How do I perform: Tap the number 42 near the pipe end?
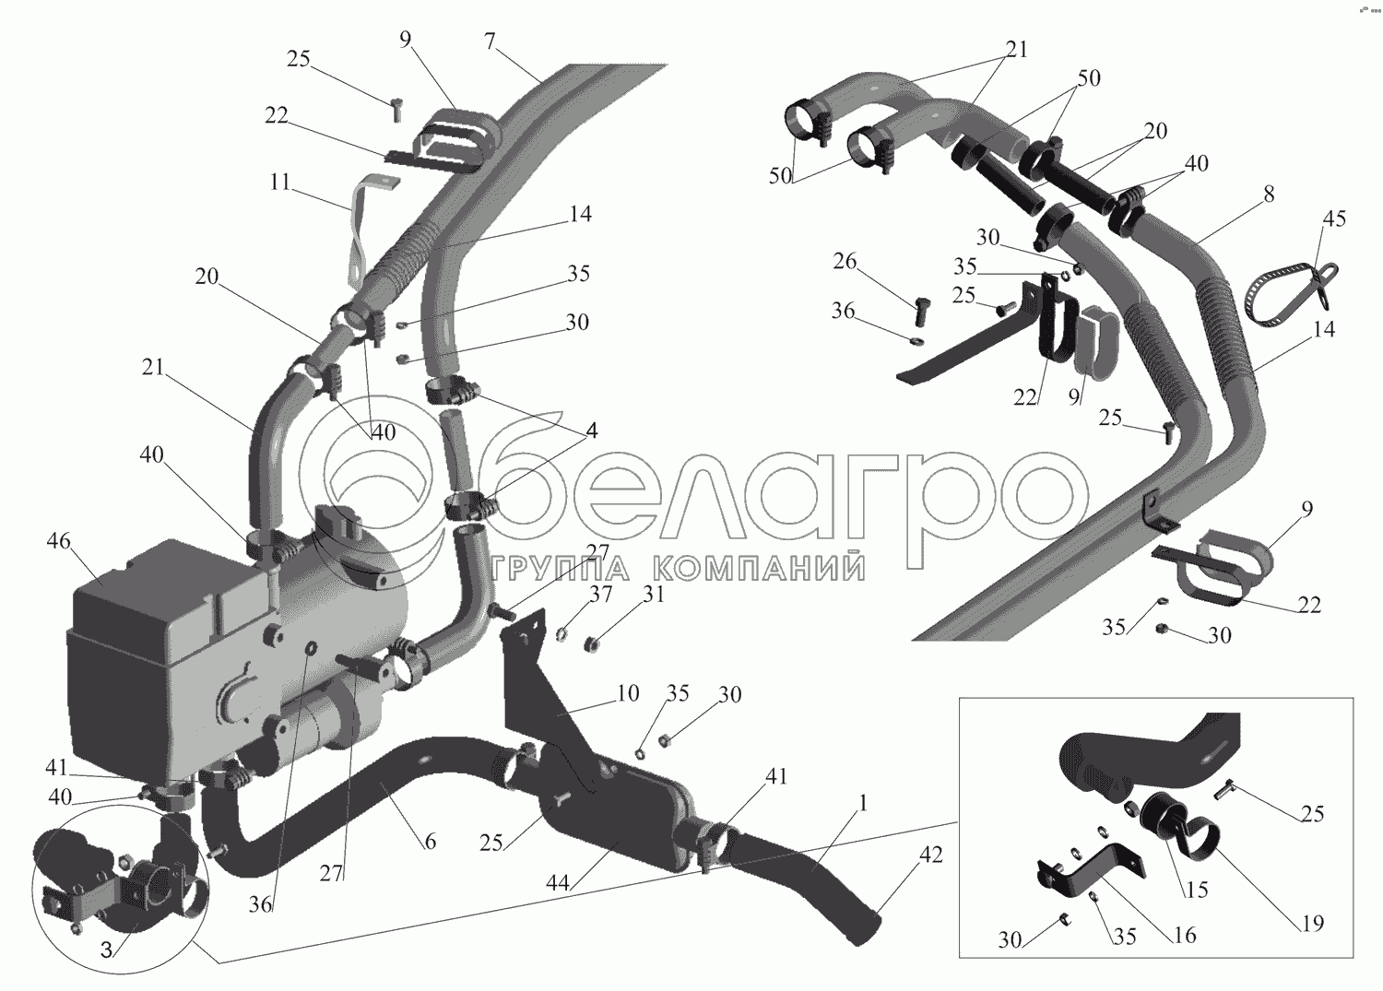click(x=930, y=855)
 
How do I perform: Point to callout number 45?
click(x=1333, y=219)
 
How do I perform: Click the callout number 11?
click(x=279, y=183)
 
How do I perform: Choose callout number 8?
click(x=1269, y=195)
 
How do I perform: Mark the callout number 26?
click(x=845, y=263)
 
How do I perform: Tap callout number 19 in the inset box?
click(x=1312, y=923)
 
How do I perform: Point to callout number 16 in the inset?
click(x=1184, y=936)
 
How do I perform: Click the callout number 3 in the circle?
click(x=107, y=949)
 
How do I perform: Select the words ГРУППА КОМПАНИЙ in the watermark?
click(x=678, y=570)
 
